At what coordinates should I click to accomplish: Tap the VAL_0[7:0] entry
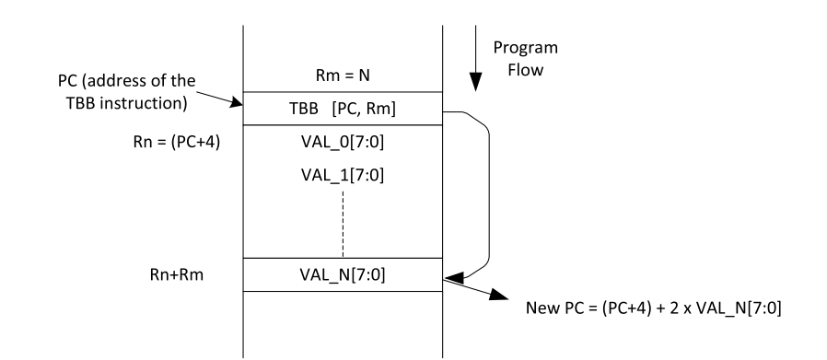pyautogui.click(x=342, y=144)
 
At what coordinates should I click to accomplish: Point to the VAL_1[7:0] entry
pyautogui.click(x=342, y=177)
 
